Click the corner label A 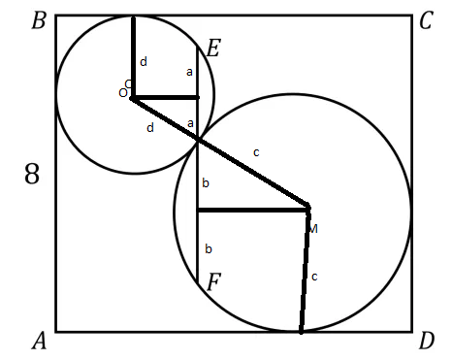[39, 341]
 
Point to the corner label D [426, 341]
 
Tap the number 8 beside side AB [32, 176]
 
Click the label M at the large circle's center [312, 228]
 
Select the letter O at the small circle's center [123, 92]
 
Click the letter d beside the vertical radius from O [144, 62]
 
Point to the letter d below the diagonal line [149, 127]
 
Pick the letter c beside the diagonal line [256, 151]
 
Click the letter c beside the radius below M [313, 278]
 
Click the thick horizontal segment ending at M [252, 209]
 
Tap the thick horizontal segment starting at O [165, 97]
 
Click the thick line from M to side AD [305, 272]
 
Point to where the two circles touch [199, 141]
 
